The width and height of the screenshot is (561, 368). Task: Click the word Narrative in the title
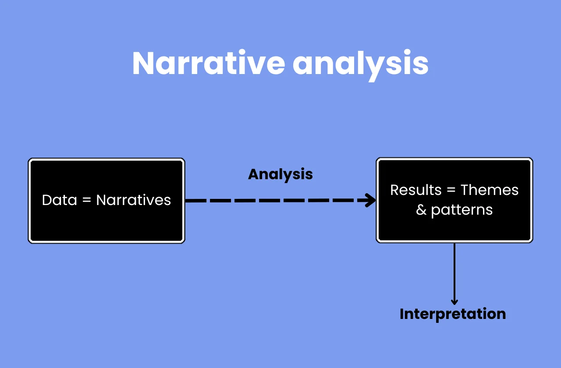[209, 64]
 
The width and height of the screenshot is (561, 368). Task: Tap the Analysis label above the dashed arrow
[280, 174]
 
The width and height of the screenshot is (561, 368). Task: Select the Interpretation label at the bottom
[453, 314]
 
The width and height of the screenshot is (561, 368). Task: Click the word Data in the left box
[59, 200]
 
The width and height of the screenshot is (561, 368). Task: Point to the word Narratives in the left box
[134, 200]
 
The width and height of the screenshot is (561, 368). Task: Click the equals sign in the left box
[87, 201]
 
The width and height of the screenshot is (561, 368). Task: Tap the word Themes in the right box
[490, 190]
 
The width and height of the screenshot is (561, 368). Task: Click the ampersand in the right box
[421, 210]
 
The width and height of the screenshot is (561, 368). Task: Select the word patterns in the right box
[462, 210]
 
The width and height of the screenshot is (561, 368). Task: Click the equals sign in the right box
[451, 191]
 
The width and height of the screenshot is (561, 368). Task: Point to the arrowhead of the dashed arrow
[372, 201]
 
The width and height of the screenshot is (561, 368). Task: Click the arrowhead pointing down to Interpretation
[454, 301]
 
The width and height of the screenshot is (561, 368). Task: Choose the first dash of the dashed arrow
[195, 201]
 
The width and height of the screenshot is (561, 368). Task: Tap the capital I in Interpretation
[402, 314]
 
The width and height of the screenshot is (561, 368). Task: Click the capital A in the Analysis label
[253, 174]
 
